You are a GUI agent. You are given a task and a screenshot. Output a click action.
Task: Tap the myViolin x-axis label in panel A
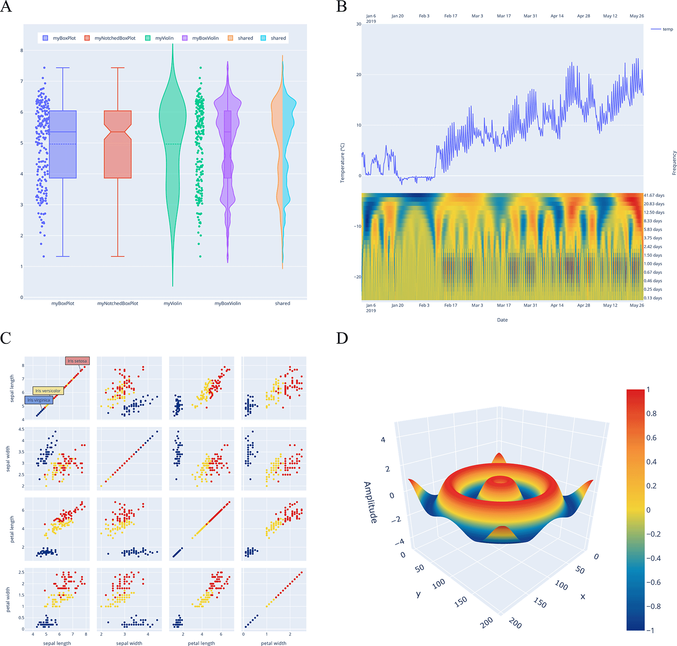[173, 303]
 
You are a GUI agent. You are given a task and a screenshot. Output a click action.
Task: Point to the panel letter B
[341, 7]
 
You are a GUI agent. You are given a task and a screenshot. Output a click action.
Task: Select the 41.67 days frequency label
[654, 195]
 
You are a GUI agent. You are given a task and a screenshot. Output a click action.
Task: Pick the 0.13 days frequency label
[653, 298]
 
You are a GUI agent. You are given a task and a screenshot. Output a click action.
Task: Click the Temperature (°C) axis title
[343, 163]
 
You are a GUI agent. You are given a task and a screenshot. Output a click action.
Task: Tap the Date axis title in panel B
[502, 320]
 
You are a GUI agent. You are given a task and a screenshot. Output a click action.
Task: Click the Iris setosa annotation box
[77, 361]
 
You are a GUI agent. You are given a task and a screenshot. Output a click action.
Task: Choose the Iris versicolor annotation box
[48, 391]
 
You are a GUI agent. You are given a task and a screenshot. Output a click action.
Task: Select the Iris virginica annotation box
[39, 400]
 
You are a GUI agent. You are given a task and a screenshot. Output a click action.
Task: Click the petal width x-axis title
[273, 643]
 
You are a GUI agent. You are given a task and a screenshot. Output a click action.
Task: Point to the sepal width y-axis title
[8, 459]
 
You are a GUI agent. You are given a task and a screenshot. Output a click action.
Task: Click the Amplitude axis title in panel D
[370, 502]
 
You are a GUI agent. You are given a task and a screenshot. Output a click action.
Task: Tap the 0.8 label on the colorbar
[651, 414]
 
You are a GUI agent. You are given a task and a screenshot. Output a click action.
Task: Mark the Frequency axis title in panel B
[674, 163]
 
